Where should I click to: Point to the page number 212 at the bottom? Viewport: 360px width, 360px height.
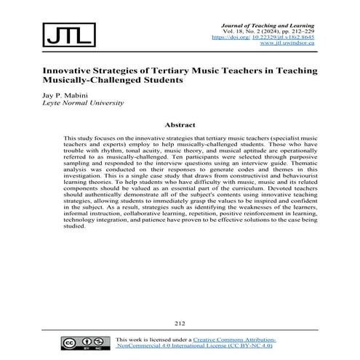point(180,323)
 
